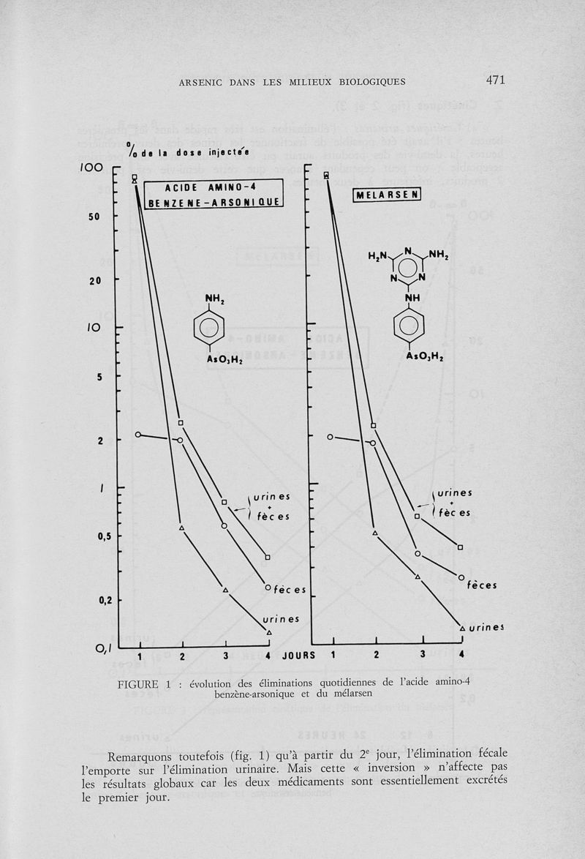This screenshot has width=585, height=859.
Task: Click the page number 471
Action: tap(494, 80)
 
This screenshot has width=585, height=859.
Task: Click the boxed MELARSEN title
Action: tap(387, 195)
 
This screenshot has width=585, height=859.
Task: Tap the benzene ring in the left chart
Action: tap(209, 327)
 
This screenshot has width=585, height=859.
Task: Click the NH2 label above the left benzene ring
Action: tap(213, 297)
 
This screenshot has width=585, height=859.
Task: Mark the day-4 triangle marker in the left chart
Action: tap(269, 632)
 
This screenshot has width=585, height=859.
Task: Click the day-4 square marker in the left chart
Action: tap(268, 558)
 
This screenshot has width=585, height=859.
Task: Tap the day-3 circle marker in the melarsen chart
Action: tap(418, 553)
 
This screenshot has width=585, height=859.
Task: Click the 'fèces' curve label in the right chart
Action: tap(482, 585)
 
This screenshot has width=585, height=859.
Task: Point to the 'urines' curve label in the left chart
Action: tap(282, 619)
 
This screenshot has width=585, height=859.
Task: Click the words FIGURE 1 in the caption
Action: tap(148, 685)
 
